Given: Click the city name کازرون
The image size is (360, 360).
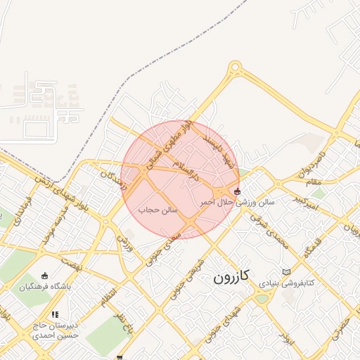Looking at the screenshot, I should pyautogui.click(x=231, y=278).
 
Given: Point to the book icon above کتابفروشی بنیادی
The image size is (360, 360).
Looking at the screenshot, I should pyautogui.click(x=285, y=271).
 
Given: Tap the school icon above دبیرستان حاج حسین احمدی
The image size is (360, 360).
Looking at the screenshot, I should pyautogui.click(x=55, y=314).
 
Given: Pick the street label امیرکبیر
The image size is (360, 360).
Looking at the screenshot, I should pyautogui.click(x=307, y=202).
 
